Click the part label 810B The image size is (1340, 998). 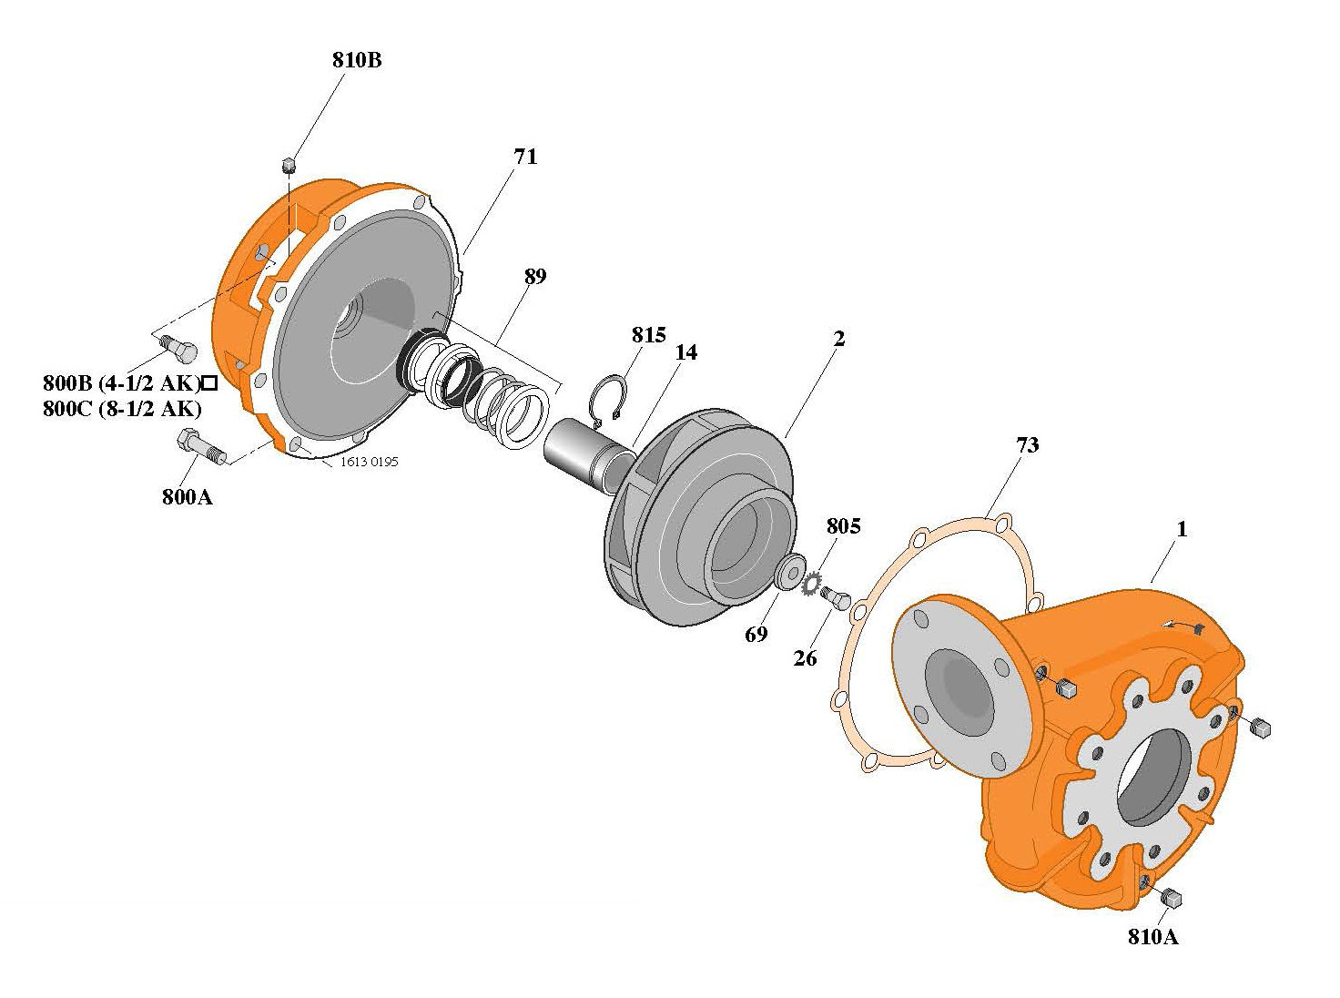click(x=356, y=61)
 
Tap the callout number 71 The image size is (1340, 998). click(x=525, y=157)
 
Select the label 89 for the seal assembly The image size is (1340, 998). click(x=535, y=276)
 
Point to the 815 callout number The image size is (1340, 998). click(x=649, y=334)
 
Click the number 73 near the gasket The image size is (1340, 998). click(x=1027, y=444)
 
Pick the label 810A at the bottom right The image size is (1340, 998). click(x=1152, y=937)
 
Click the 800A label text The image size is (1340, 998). click(x=188, y=497)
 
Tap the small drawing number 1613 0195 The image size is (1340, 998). click(x=369, y=462)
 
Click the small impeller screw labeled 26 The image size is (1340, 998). click(x=837, y=599)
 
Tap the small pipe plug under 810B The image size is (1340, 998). click(x=289, y=166)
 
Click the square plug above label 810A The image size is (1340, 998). click(x=1172, y=898)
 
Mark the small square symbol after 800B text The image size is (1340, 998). click(x=208, y=382)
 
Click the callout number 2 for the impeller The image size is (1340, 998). click(x=838, y=339)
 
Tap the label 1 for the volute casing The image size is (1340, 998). click(x=1181, y=529)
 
